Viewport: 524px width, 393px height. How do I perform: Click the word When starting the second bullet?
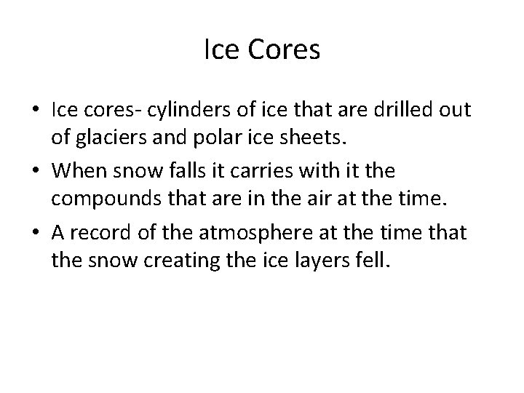tap(79, 170)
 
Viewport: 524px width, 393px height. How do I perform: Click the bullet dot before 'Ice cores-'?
tap(35, 111)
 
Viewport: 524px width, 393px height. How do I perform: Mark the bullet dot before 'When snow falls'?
tap(35, 171)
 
